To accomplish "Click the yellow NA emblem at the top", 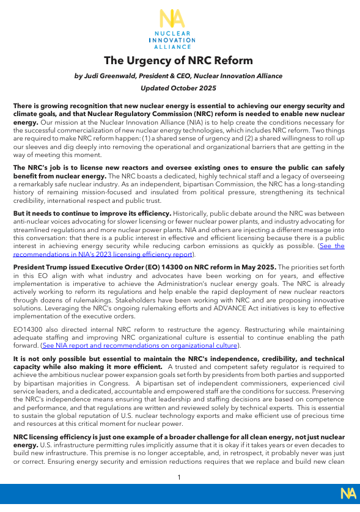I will [x=173, y=19].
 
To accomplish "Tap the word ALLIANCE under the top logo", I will [x=173, y=46].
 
